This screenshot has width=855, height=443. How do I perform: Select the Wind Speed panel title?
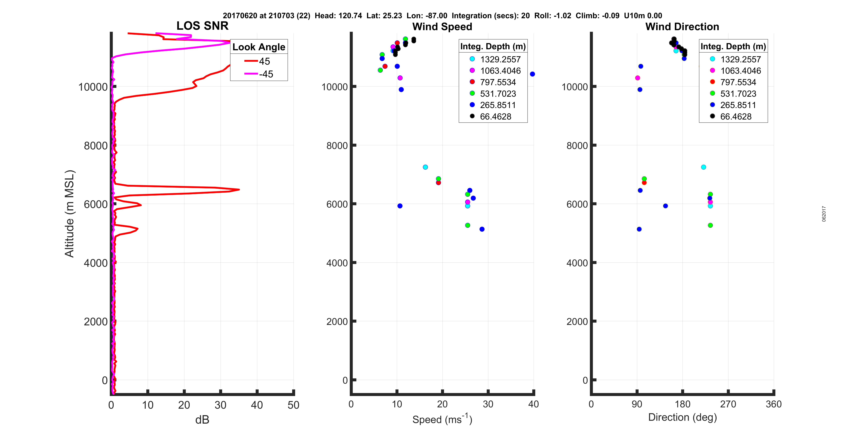[x=442, y=27]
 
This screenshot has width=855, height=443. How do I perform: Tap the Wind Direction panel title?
[x=682, y=27]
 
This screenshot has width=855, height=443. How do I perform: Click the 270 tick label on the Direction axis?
[x=728, y=404]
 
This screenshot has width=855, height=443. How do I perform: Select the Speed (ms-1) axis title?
[x=442, y=419]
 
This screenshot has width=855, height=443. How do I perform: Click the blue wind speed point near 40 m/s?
[x=532, y=74]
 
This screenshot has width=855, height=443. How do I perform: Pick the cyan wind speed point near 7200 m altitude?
[x=425, y=167]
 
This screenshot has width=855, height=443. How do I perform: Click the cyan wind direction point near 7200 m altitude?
[x=703, y=167]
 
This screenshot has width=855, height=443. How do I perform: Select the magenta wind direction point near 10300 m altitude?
[x=637, y=78]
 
